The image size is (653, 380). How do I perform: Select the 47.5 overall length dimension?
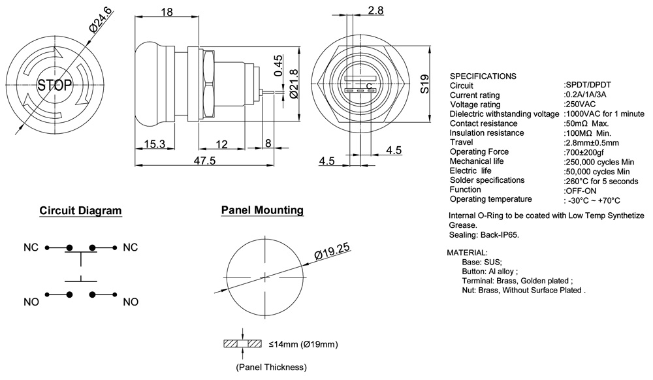[203, 161]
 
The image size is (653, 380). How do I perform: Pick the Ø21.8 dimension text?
[294, 84]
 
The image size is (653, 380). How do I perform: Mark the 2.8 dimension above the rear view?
[376, 10]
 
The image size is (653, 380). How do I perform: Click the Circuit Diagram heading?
[80, 211]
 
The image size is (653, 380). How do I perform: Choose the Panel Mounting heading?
[262, 210]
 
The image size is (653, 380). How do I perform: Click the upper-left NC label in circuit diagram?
[31, 248]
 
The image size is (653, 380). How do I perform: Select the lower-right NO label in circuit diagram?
[131, 302]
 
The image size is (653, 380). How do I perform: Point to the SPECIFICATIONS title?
[483, 76]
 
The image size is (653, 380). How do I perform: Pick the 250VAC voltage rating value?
[580, 104]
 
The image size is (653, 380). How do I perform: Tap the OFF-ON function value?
[578, 190]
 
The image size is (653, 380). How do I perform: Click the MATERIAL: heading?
[466, 252]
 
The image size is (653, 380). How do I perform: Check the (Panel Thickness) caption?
[271, 367]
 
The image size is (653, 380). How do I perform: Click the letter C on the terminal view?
[369, 86]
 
